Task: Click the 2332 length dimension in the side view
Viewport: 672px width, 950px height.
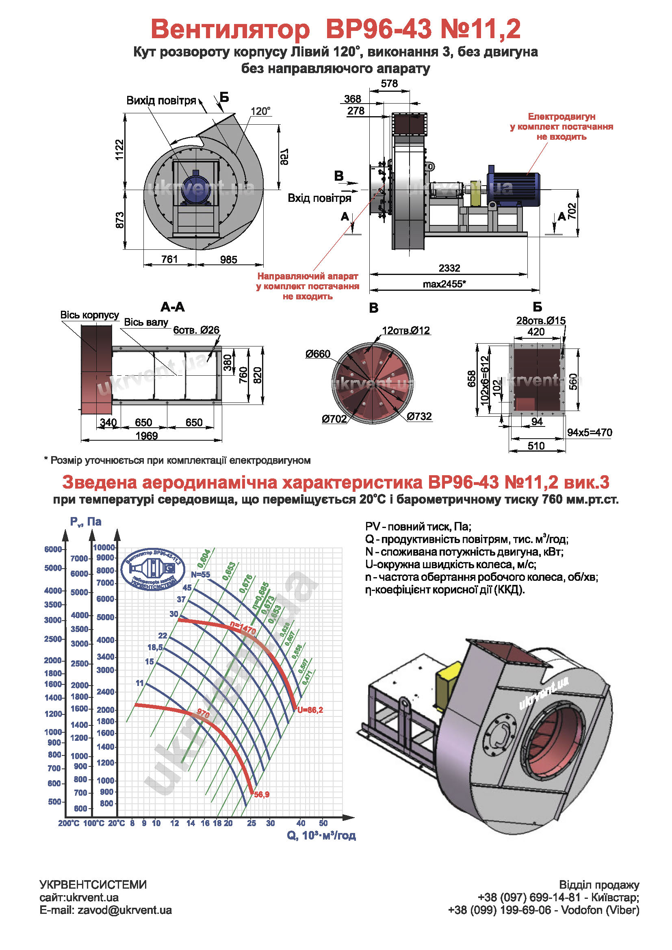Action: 449,268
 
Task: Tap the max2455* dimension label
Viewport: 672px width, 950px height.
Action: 444,284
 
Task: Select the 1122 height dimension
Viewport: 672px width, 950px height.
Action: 119,150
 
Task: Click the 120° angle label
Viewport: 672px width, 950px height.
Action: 260,111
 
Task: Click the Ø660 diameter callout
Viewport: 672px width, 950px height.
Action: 318,354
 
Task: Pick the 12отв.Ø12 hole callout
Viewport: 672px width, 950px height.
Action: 405,331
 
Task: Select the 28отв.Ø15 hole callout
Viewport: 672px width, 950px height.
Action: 540,321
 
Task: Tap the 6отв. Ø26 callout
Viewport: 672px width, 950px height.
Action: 196,330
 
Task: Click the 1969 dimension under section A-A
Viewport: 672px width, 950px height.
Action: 147,436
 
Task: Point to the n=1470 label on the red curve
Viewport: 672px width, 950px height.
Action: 243,628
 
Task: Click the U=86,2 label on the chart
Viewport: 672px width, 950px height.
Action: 310,710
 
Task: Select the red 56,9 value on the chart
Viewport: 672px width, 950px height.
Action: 262,794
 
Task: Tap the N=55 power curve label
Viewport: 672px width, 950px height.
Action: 200,575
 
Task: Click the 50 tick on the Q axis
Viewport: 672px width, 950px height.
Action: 323,823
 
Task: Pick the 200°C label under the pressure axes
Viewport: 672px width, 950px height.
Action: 69,823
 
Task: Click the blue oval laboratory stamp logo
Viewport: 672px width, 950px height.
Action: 153,569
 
